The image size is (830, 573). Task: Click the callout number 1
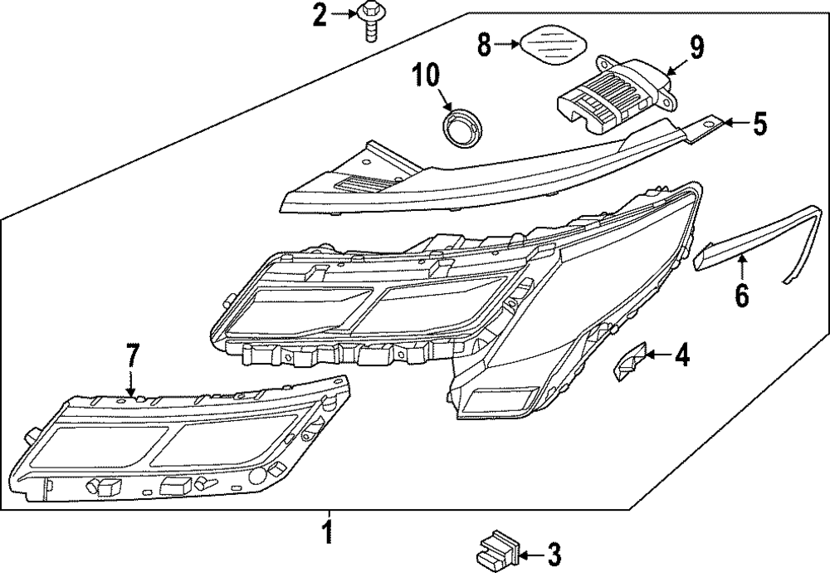[330, 531]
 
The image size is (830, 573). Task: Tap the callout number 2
[319, 14]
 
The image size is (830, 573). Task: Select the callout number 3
[554, 552]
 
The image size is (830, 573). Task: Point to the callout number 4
[681, 355]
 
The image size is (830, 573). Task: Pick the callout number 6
[742, 293]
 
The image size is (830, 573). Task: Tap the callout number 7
[130, 355]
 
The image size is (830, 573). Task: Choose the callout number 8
[485, 43]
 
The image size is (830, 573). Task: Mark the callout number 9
[696, 47]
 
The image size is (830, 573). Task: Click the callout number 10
[427, 78]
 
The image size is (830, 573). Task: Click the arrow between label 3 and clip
[531, 552]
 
